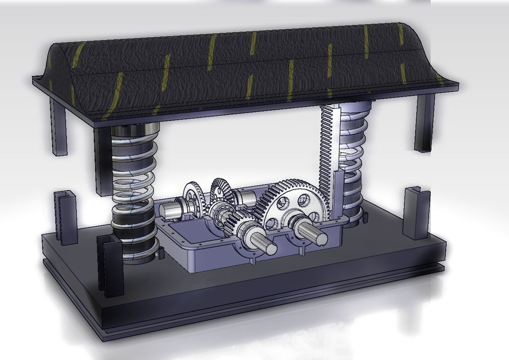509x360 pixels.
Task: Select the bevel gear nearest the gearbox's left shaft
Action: click(x=194, y=197)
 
